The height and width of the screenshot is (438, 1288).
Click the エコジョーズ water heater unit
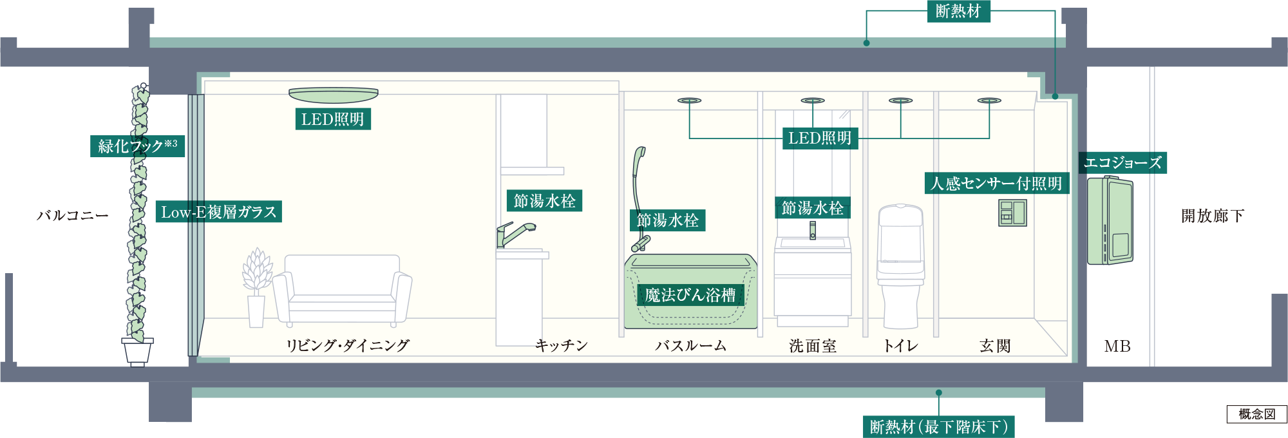(x=1110, y=220)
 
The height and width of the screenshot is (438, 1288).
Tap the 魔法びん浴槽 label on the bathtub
(x=690, y=295)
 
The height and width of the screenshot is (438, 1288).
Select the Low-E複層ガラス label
(x=219, y=212)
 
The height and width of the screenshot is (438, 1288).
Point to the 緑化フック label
(x=137, y=146)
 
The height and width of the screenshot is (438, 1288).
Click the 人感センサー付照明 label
(x=997, y=184)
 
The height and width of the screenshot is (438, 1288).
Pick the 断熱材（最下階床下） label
(x=938, y=426)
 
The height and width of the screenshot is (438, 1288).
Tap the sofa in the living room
(x=342, y=290)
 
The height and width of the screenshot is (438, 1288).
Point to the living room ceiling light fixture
(x=334, y=95)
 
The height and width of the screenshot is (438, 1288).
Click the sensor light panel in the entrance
(x=1012, y=213)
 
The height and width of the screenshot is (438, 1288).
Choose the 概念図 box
(x=1256, y=414)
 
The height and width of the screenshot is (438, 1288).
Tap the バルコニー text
(x=73, y=215)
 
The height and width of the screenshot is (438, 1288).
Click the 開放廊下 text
(x=1213, y=216)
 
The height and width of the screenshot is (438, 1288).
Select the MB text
(x=1117, y=347)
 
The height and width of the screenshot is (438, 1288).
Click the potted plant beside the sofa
(x=257, y=287)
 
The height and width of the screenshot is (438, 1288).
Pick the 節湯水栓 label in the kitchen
(x=545, y=201)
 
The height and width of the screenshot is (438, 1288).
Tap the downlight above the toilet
(x=900, y=100)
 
